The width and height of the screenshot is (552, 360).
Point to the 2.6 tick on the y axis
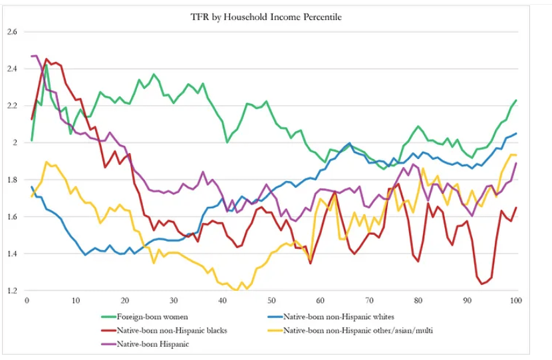tap(12, 31)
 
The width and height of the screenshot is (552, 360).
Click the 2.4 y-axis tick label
tap(12, 69)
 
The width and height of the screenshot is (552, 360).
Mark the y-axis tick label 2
tap(15, 142)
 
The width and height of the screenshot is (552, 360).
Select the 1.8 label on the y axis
tap(12, 180)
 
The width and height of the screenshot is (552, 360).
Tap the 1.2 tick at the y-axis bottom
tap(12, 291)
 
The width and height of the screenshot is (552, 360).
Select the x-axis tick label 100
tap(515, 300)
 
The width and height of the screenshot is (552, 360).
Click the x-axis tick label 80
tap(418, 300)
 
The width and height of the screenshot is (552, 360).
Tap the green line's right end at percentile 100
tap(516, 100)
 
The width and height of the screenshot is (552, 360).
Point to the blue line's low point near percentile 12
tap(85, 255)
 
